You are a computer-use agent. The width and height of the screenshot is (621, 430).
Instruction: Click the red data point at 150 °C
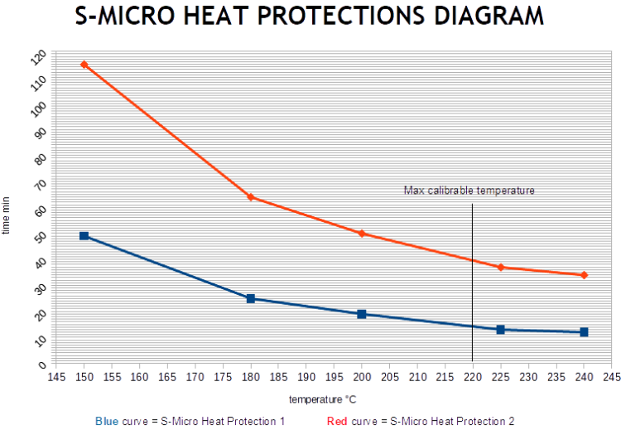coord(84,65)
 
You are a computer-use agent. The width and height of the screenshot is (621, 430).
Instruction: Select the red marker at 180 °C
coord(250,198)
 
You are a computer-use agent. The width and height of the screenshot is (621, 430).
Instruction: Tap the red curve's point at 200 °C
coord(362,234)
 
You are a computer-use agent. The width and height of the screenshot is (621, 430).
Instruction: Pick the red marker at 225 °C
coord(501,267)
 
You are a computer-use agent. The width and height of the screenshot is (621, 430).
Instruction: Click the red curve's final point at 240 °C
coord(584,275)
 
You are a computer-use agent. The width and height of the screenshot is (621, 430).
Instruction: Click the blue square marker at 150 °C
coord(84,236)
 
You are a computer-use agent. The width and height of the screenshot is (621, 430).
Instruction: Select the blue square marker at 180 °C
coord(250,298)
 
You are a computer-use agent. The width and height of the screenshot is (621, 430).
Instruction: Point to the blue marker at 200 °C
coord(362,314)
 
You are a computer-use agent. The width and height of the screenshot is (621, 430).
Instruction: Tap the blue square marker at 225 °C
coord(501,330)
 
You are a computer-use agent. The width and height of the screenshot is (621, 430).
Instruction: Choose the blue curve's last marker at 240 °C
coord(584,332)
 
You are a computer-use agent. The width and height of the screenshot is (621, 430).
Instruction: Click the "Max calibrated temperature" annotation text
coord(469,191)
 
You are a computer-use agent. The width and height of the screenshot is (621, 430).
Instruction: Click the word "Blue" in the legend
coord(107,421)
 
